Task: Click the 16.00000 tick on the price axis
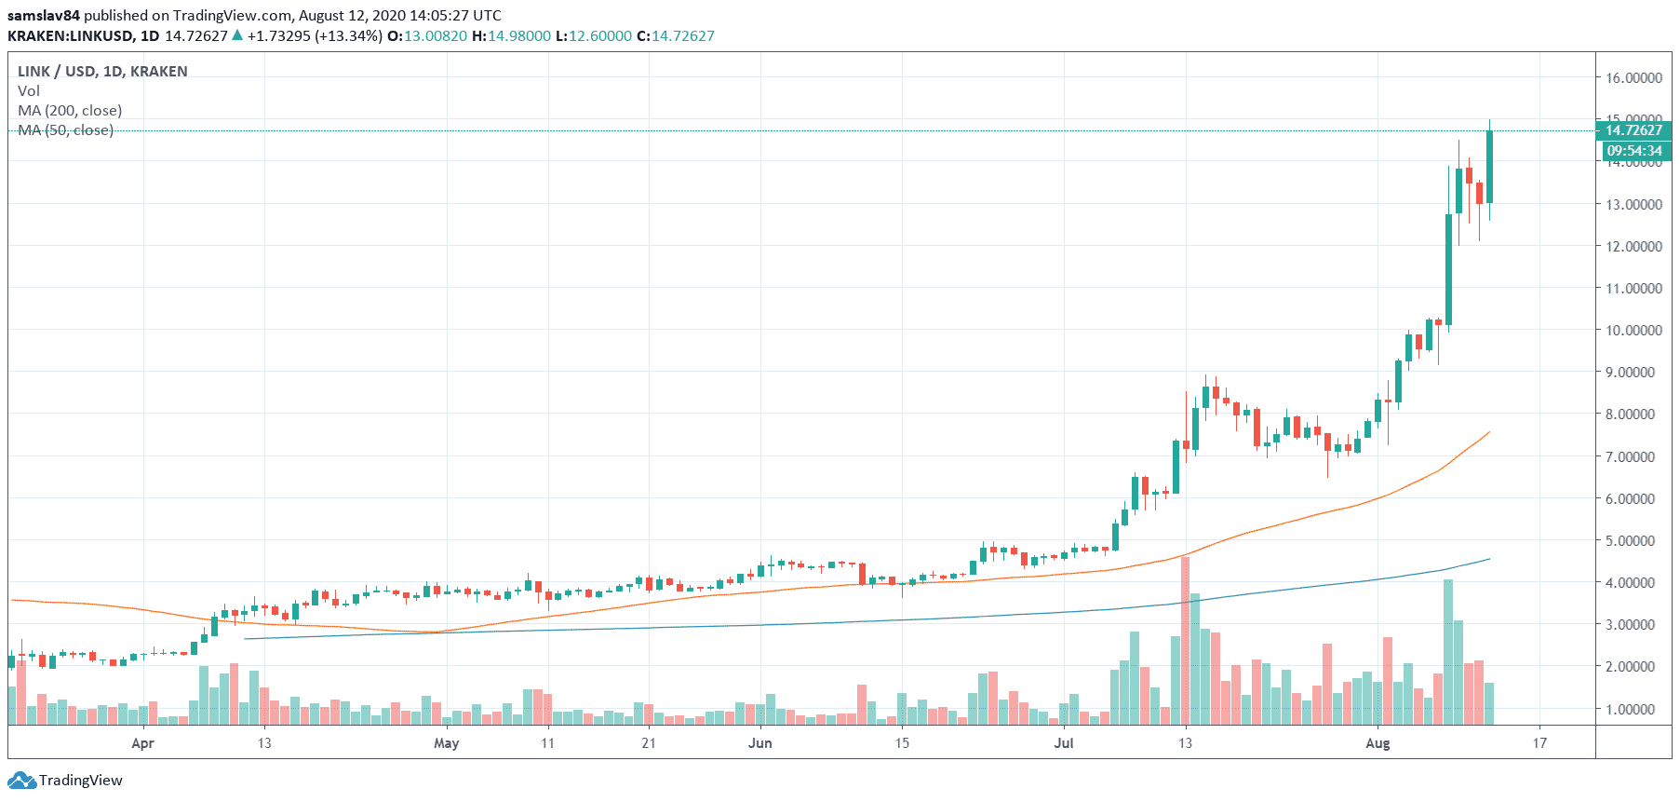pos(1633,78)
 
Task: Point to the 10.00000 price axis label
pos(1633,331)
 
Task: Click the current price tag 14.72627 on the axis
pos(1633,130)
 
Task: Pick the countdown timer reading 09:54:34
pos(1633,151)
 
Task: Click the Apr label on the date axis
pos(142,743)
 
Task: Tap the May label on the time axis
pos(447,743)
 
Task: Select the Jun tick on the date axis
pos(760,743)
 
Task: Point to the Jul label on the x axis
pos(1063,743)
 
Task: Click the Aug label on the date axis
pos(1378,743)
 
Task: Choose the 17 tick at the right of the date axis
pos(1540,743)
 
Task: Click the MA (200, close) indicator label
pos(70,111)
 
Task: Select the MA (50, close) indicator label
pos(65,130)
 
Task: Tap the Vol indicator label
pos(29,91)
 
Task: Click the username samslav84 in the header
pos(44,16)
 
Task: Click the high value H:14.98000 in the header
pos(511,36)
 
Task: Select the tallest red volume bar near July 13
pos(1185,643)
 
